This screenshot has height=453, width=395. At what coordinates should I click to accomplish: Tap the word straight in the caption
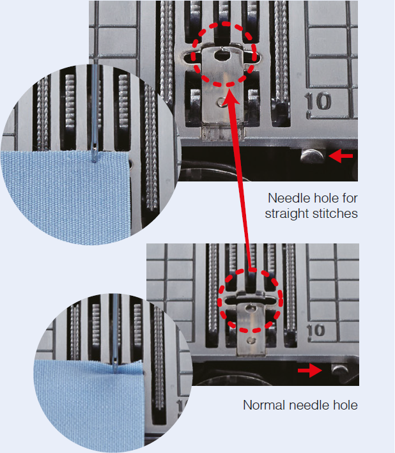(287, 214)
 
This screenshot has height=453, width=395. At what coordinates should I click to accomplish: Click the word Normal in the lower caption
(264, 405)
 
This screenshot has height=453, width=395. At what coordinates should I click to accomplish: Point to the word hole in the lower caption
(345, 405)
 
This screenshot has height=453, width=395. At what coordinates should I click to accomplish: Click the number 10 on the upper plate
(318, 101)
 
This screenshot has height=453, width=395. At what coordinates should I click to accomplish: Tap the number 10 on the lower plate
(315, 330)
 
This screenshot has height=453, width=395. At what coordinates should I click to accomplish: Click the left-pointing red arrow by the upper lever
(341, 156)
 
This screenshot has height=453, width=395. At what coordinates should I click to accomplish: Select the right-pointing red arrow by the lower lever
(310, 371)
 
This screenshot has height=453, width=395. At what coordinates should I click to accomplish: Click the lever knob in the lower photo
(340, 369)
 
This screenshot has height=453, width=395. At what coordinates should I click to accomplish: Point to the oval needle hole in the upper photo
(222, 55)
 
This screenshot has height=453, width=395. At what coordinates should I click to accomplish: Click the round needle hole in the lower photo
(251, 308)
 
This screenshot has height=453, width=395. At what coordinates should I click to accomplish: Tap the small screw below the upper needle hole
(222, 102)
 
